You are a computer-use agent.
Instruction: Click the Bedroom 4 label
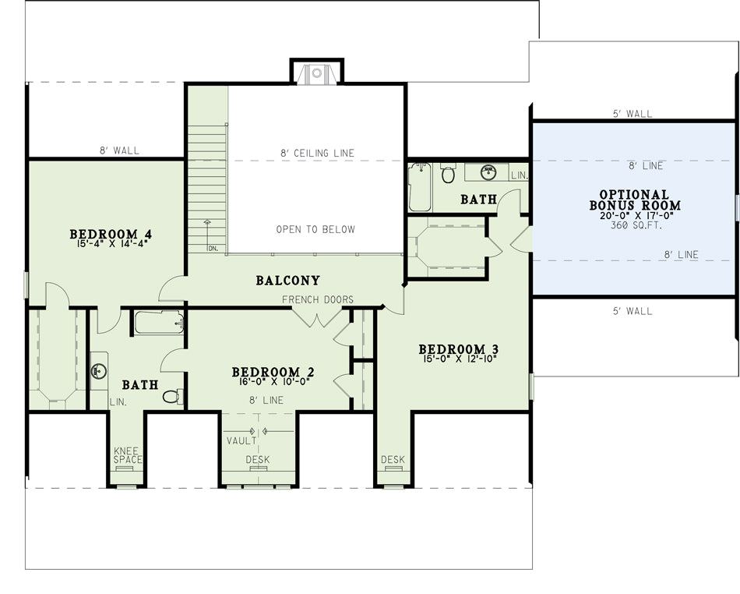click(111, 234)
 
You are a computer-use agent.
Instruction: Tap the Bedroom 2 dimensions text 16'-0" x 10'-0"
click(273, 381)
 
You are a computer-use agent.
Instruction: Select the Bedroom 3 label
click(458, 349)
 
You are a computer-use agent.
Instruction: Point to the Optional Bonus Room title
click(635, 200)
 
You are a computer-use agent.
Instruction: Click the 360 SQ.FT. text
click(636, 225)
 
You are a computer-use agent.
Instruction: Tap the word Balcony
click(288, 281)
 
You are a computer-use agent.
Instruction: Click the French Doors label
click(318, 299)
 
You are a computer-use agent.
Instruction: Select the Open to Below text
click(315, 229)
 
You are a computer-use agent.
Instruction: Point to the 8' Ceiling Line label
click(317, 153)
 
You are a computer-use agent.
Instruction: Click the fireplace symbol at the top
click(317, 73)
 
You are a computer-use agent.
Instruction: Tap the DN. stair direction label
click(213, 249)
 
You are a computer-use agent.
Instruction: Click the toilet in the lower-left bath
click(172, 396)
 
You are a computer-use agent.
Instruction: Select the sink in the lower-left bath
click(99, 370)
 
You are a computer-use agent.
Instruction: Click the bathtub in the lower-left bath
click(159, 323)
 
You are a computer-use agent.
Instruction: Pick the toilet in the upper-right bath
click(448, 173)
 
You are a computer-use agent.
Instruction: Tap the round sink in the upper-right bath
click(488, 173)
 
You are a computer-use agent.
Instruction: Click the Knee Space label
click(128, 455)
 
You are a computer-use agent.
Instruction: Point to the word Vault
click(241, 441)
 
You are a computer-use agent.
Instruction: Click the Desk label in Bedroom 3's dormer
click(393, 459)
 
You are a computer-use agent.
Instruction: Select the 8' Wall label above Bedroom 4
click(119, 150)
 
